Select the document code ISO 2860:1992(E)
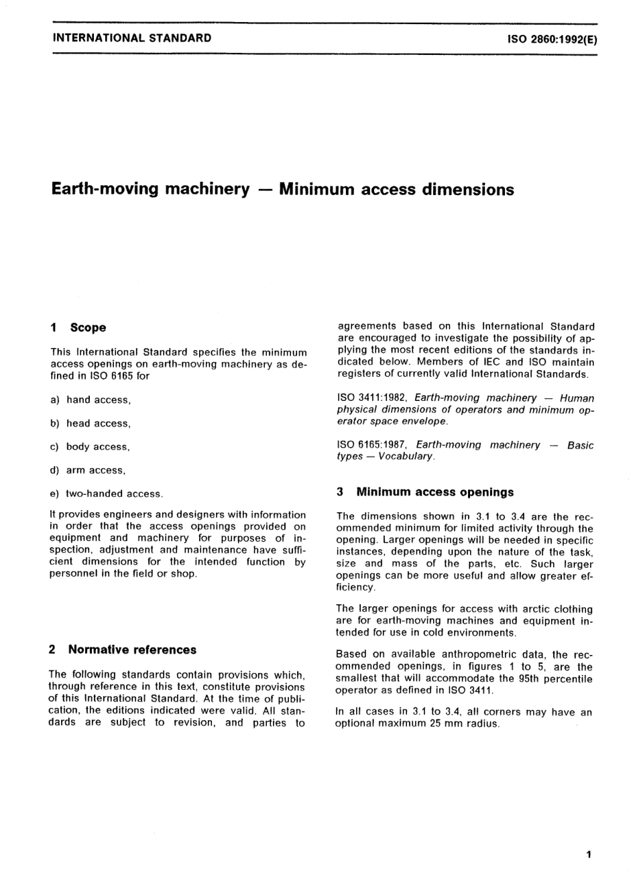click(x=552, y=39)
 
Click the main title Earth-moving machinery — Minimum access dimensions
click(x=282, y=189)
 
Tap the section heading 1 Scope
click(x=78, y=328)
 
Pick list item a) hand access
click(x=91, y=400)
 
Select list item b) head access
click(x=91, y=424)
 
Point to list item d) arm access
click(x=88, y=471)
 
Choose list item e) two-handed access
click(x=107, y=494)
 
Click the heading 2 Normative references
click(x=123, y=650)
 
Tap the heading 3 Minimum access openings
click(x=425, y=492)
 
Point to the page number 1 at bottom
click(x=588, y=854)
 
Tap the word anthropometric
click(x=463, y=654)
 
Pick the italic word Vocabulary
click(x=406, y=457)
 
